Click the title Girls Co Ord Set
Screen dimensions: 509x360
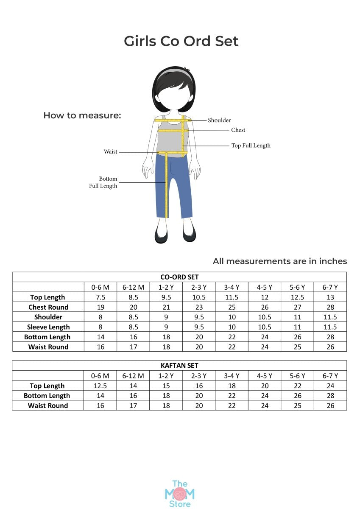click(181, 41)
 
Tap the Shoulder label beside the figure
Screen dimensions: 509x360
click(219, 120)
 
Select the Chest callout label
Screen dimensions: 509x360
click(238, 130)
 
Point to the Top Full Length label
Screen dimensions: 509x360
click(251, 145)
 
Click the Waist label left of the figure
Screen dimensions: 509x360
click(111, 152)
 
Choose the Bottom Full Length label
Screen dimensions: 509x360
click(103, 182)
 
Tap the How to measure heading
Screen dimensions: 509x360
click(82, 115)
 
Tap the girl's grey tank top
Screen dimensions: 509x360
click(171, 138)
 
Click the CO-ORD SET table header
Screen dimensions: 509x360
click(179, 277)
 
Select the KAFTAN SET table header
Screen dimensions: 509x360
click(179, 365)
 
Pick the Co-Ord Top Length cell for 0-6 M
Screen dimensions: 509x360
click(100, 297)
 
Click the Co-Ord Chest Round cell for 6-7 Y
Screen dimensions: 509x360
click(330, 307)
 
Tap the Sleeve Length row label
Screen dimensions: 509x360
click(48, 327)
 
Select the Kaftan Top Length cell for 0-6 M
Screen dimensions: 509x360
click(100, 386)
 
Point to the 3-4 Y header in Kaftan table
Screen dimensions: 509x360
click(232, 376)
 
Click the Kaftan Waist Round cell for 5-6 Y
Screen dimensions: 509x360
click(297, 406)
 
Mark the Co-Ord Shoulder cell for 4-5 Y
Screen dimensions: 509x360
click(265, 317)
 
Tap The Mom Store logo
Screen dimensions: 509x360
click(179, 493)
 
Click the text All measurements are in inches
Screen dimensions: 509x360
click(280, 261)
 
